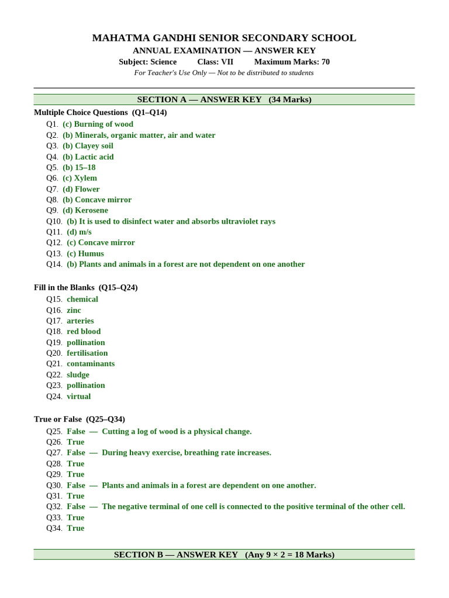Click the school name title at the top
224,38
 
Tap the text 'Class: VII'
215,62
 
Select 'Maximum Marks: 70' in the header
292,62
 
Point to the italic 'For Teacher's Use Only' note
224,73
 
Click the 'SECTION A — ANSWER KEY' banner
224,99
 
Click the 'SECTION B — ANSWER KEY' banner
224,554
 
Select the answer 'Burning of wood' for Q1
98,124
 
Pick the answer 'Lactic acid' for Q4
88,157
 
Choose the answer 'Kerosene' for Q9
85,210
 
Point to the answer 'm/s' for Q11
79,232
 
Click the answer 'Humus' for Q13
85,253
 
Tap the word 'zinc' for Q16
74,310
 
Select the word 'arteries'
80,321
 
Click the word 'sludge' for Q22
78,375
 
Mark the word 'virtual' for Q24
78,397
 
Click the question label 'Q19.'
54,342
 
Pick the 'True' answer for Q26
75,442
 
